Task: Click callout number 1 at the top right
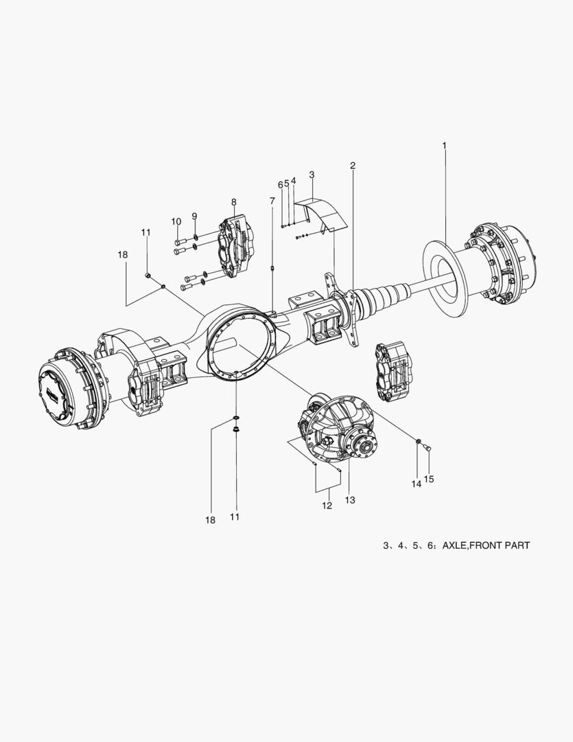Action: (444, 146)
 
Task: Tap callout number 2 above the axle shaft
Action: (352, 166)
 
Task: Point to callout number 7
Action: (272, 201)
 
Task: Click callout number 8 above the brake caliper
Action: (233, 202)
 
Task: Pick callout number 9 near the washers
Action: (194, 216)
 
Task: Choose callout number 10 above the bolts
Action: (176, 221)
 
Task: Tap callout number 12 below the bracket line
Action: (327, 506)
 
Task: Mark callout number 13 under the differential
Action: (350, 500)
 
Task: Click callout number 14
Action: (416, 484)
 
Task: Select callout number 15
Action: (429, 478)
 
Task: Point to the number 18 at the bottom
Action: (210, 520)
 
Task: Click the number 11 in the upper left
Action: (145, 232)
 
